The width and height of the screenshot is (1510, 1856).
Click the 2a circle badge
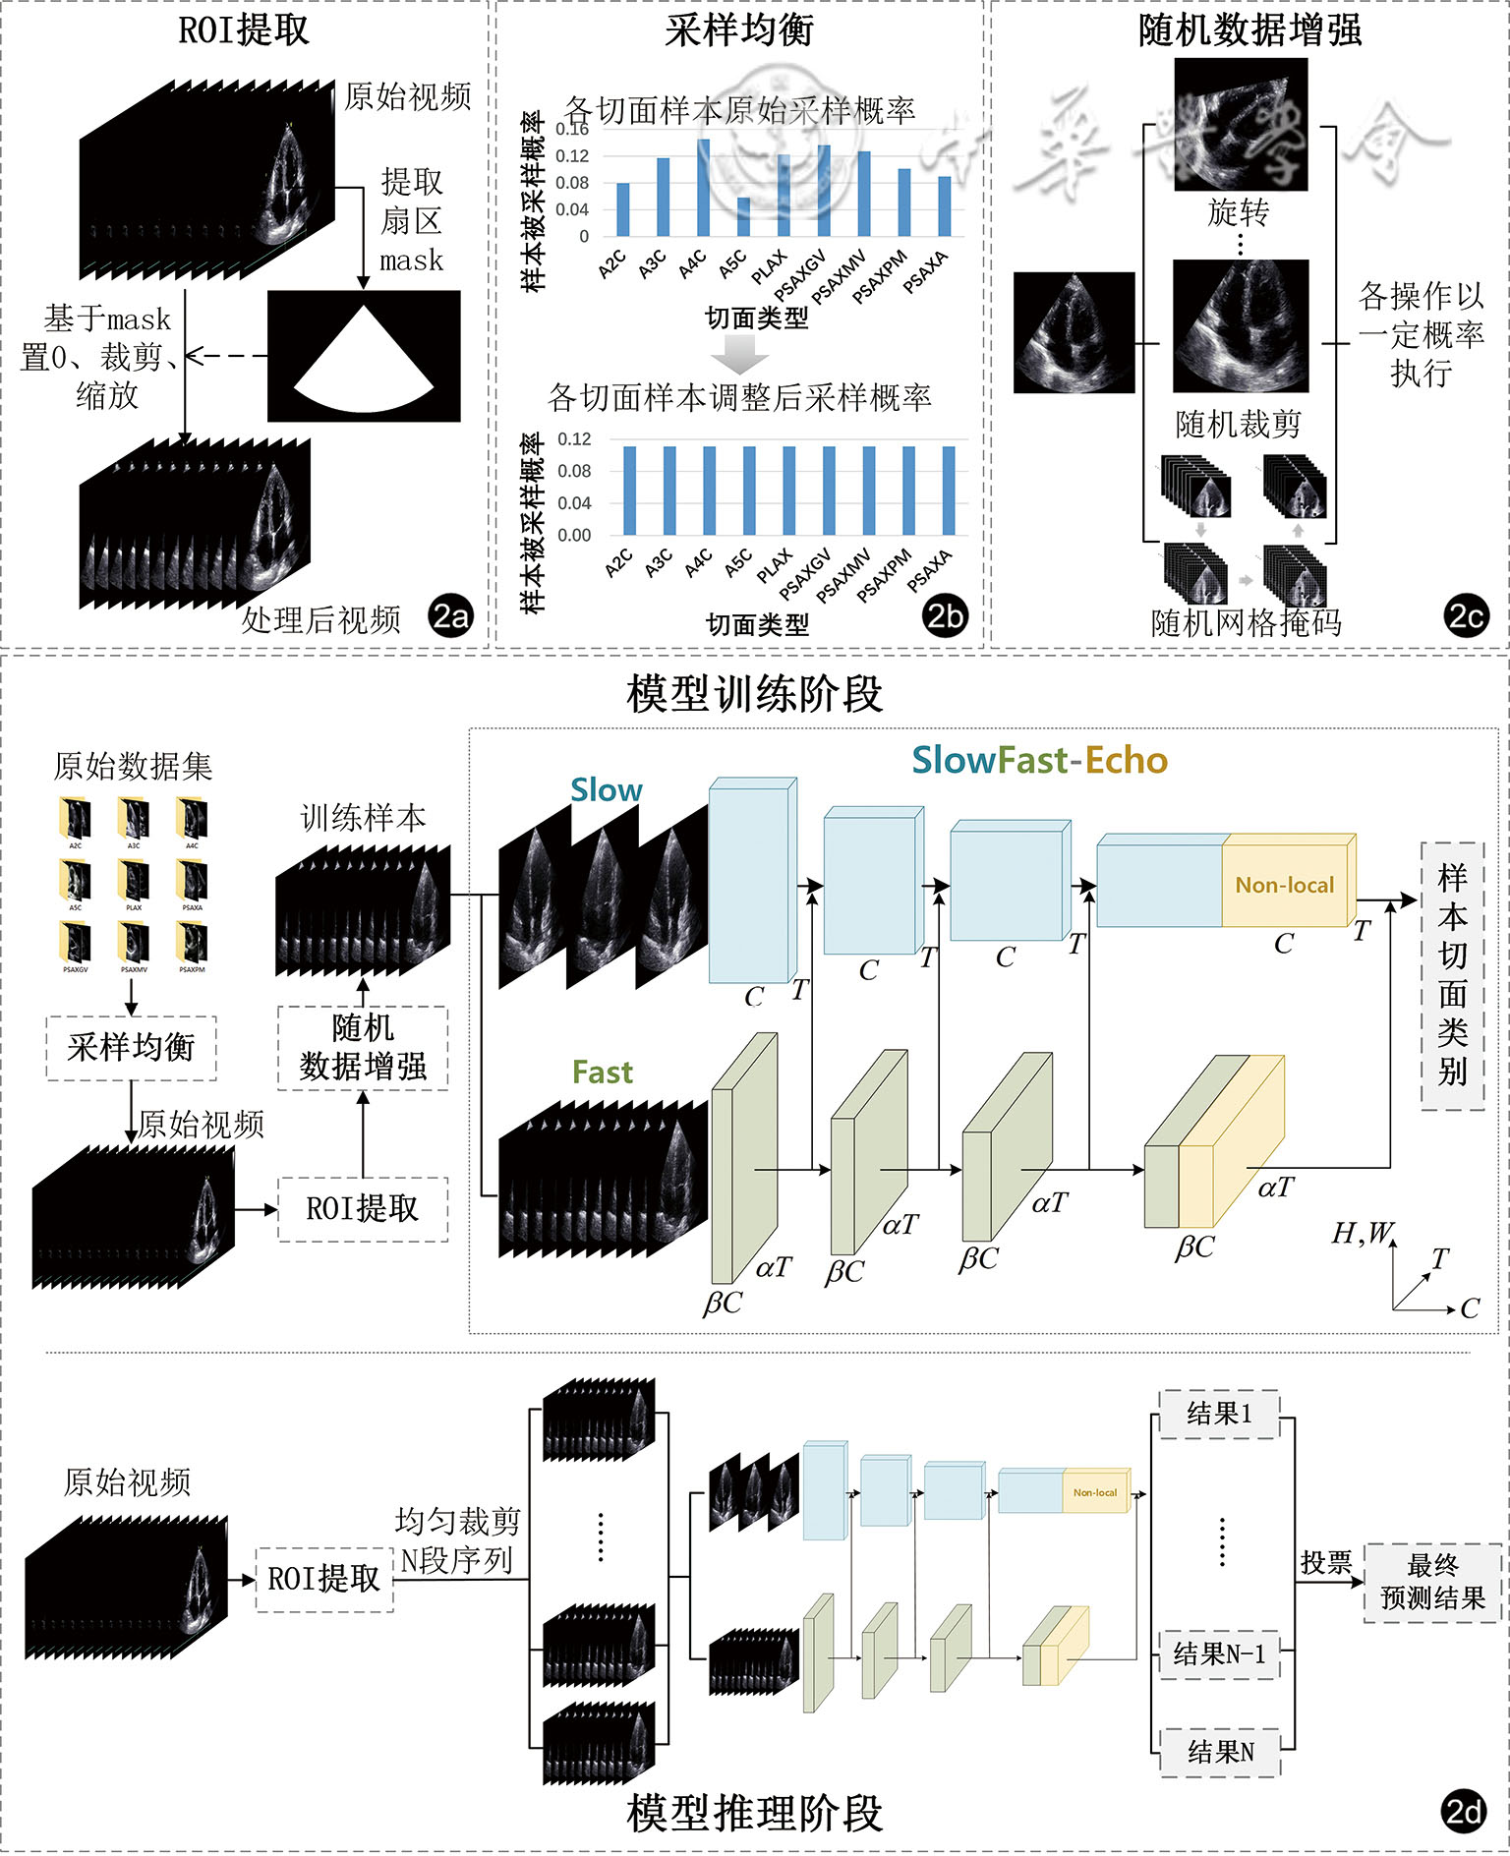tap(451, 616)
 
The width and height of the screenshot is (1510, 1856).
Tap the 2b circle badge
tap(946, 616)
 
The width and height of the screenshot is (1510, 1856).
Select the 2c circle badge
tap(1466, 616)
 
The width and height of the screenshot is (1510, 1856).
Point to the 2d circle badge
tap(1464, 1811)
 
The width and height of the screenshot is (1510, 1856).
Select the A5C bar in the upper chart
tap(743, 216)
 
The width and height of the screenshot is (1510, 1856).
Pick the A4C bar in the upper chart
tap(704, 188)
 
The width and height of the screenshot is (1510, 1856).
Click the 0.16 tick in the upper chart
tap(572, 129)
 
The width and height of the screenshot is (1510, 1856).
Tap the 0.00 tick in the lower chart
tap(574, 536)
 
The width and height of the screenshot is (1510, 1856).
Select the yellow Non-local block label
tap(1285, 885)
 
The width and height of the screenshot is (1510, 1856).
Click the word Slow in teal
tap(606, 790)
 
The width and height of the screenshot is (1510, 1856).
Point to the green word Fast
tap(603, 1073)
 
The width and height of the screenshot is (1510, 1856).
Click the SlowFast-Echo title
tap(1039, 760)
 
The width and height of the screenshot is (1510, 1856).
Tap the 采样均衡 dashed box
tap(132, 1048)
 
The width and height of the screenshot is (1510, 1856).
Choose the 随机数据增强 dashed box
tap(363, 1048)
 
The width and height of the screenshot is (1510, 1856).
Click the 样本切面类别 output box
tap(1452, 975)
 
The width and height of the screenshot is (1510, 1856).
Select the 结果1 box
tap(1219, 1414)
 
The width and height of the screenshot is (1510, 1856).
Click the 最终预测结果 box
tap(1432, 1582)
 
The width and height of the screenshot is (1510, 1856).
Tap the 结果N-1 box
tap(1219, 1654)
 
